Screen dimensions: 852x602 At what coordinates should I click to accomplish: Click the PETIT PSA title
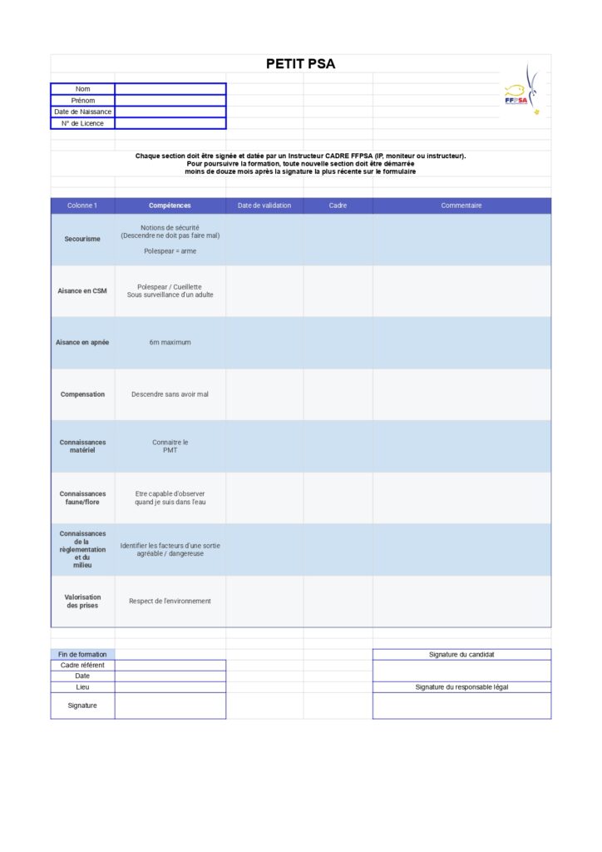pos(300,64)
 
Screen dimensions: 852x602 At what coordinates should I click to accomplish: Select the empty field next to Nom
pos(170,89)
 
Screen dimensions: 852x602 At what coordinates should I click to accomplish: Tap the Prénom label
pos(82,101)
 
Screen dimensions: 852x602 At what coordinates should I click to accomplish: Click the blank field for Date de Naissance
pos(170,111)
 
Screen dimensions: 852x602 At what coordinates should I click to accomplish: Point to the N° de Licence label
pos(82,123)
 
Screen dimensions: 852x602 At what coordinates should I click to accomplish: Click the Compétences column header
pos(170,206)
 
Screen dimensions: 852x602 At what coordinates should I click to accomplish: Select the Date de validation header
pos(264,206)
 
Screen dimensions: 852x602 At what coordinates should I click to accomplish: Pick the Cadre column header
pos(338,206)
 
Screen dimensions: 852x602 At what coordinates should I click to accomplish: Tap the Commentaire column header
pos(461,206)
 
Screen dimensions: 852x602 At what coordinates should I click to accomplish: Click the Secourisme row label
pos(82,239)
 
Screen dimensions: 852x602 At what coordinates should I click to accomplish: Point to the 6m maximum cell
pos(170,342)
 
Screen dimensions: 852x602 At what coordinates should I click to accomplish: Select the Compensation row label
pos(82,394)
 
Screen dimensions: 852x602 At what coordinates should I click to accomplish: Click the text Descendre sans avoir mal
pos(170,394)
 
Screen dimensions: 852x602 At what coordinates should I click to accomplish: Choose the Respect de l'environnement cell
pos(170,601)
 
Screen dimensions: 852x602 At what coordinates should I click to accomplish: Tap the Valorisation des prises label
pos(82,601)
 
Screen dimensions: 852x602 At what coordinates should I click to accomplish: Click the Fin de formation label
pos(82,655)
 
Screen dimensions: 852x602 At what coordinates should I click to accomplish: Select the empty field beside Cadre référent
pos(170,665)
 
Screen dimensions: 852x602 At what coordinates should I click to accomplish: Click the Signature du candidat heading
pos(461,655)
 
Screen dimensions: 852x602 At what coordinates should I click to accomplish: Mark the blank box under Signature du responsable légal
pos(461,706)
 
